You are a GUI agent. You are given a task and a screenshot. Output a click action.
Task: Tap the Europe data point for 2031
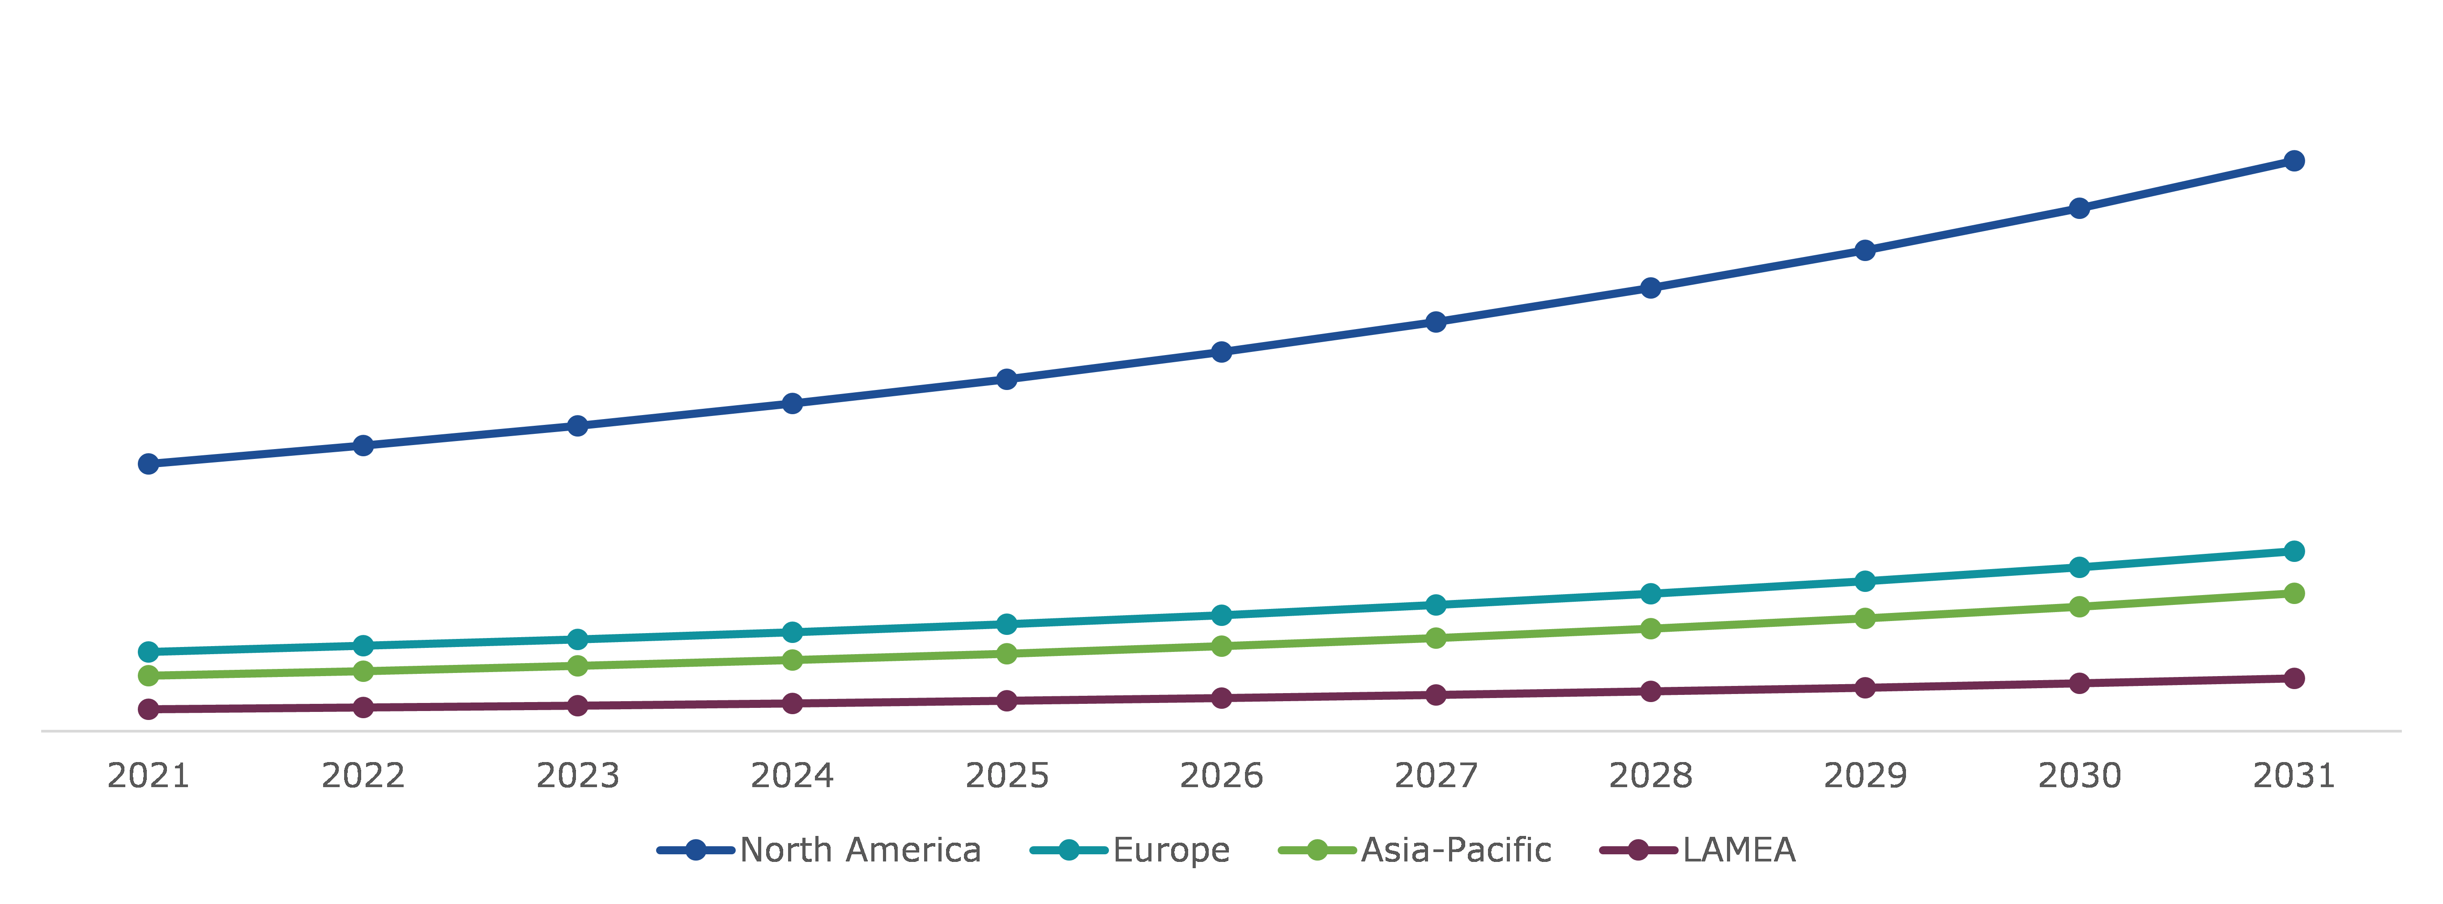2293,551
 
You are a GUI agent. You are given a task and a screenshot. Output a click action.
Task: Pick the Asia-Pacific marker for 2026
1222,646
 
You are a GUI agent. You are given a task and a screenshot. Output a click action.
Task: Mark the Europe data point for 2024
792,632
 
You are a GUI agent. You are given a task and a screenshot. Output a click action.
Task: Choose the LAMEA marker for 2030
2079,683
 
